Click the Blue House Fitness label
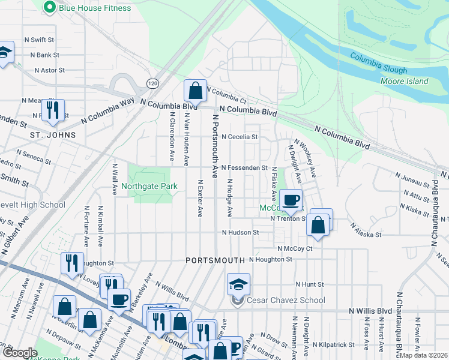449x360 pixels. tap(94, 8)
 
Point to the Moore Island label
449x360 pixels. tap(404, 81)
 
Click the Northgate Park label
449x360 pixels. tap(149, 186)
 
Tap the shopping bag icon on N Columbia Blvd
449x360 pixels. tap(195, 92)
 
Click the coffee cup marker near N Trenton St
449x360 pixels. tap(291, 200)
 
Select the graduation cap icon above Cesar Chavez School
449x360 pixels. tap(238, 284)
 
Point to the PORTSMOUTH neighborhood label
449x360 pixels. tap(215, 260)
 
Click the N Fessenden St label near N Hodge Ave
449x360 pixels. tap(244, 168)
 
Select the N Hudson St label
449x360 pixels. tap(240, 232)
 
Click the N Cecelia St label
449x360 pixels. tap(240, 137)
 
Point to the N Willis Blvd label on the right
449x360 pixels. tap(370, 311)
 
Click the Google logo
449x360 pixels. tap(20, 353)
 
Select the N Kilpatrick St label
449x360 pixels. tap(333, 344)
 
